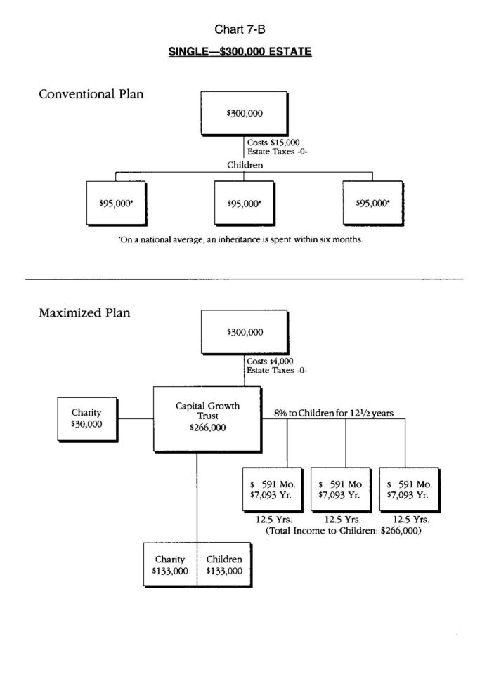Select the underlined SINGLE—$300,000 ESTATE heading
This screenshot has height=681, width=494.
tap(240, 53)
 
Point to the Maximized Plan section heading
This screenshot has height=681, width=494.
tap(84, 313)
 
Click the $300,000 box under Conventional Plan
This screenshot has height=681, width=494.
tap(244, 113)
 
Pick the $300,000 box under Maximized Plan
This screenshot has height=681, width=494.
tap(244, 332)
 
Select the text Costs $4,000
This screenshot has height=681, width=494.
tap(271, 362)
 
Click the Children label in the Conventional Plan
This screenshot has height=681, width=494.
tap(245, 165)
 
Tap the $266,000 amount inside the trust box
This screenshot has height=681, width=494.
tap(207, 427)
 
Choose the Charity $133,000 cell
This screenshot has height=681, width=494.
tap(170, 565)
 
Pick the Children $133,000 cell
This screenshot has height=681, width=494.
tap(224, 565)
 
